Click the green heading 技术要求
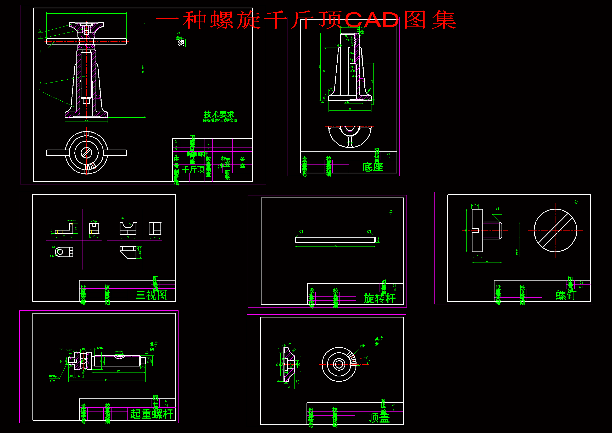click(219, 114)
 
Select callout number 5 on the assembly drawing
click(40, 31)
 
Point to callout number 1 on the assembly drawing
click(40, 90)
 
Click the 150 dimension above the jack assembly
click(86, 13)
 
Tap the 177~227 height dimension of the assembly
click(143, 70)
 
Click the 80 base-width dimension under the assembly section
click(86, 121)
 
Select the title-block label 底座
click(373, 167)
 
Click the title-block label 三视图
click(151, 295)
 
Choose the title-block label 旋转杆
click(380, 299)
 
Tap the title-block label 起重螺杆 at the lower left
click(151, 414)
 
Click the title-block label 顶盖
click(379, 418)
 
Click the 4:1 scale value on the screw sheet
click(581, 287)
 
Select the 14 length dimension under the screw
click(487, 261)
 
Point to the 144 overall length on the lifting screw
click(107, 380)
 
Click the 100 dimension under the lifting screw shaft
click(118, 371)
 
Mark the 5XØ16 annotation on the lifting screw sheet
click(100, 348)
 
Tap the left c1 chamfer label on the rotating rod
click(301, 232)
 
